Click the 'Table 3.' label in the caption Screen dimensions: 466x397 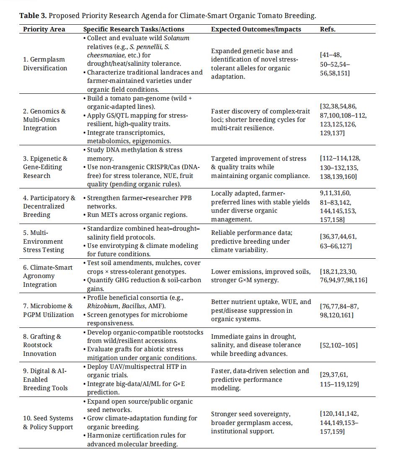coord(33,16)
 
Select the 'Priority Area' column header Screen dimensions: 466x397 coord(44,29)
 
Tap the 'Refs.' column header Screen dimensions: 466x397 coord(327,29)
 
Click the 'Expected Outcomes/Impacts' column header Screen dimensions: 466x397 coord(262,29)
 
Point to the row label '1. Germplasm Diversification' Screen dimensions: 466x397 coord(45,64)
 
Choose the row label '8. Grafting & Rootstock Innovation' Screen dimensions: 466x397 coord(42,345)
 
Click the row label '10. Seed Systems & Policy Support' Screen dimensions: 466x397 coord(48,422)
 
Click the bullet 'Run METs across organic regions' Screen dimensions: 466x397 coord(137,215)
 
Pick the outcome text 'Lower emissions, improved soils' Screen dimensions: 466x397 coord(261,272)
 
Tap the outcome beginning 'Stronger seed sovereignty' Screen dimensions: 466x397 coord(250,414)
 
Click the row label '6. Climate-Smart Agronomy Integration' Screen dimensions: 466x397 coord(48,276)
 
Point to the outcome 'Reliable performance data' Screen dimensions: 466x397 coord(252,233)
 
